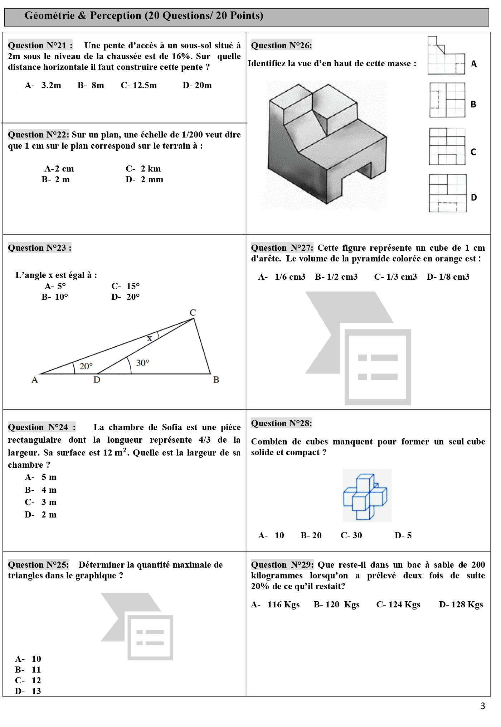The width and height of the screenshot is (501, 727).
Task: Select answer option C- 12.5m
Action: point(138,85)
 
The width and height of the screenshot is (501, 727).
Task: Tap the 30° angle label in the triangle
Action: point(142,363)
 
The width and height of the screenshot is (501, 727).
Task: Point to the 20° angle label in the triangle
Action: point(86,366)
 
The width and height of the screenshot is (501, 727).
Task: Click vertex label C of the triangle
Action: point(193,313)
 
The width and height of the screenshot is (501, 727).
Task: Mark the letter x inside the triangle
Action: point(150,338)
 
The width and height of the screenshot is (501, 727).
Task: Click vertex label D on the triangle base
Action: point(97,380)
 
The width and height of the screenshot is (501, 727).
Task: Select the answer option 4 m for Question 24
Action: point(41,490)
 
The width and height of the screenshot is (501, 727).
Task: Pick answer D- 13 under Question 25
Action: point(28,691)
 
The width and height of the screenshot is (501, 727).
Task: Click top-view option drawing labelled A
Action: point(446,56)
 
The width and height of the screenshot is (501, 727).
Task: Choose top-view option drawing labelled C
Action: point(447,146)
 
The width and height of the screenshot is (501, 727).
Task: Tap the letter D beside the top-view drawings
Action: point(474,197)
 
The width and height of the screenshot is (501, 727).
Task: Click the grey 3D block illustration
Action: point(327,143)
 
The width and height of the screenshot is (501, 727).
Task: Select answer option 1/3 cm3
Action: point(395,277)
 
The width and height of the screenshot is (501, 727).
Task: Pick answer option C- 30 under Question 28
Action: point(351,535)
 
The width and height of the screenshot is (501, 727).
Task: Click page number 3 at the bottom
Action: point(482,706)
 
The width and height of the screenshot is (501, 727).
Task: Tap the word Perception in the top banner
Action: point(116,16)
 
